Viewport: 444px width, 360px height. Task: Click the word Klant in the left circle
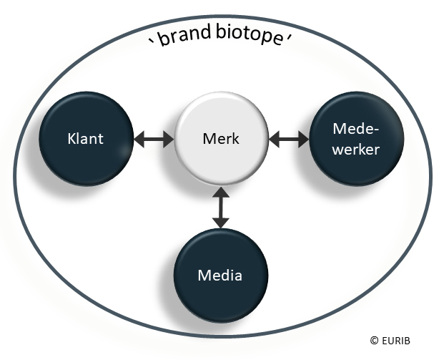[x=85, y=138]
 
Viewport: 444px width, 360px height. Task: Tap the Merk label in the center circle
[x=221, y=139]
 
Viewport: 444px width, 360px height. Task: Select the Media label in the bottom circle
[x=220, y=276]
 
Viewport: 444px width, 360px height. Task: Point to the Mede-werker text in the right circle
[x=356, y=139]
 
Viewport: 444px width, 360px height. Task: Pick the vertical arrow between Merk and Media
[x=221, y=208]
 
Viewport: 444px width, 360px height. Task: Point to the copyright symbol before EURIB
[x=374, y=340]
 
